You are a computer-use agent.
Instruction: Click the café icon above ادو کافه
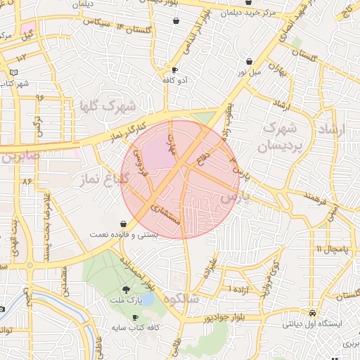coord(174,70)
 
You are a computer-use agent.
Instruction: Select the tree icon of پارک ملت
coord(126,289)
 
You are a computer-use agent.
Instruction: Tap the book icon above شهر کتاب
coord(14,72)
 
